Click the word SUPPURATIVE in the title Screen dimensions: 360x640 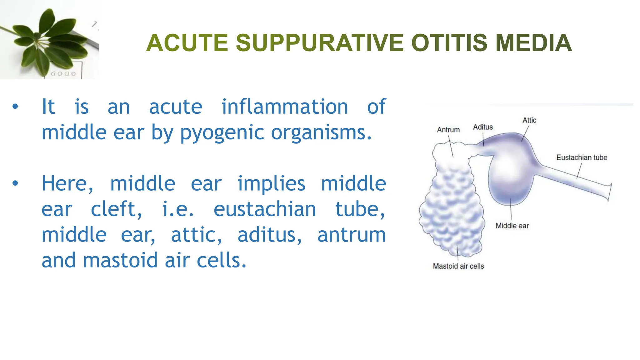tap(319, 43)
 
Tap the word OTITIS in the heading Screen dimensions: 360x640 tap(449, 43)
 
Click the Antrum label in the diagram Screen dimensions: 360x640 tap(448, 130)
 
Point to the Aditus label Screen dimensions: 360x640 tap(482, 127)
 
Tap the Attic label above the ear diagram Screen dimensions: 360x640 tap(529, 120)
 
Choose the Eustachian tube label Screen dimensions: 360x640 tap(581, 157)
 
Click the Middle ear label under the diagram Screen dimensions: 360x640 tap(512, 226)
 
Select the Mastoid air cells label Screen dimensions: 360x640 tap(458, 266)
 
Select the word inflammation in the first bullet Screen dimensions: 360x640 tap(284, 107)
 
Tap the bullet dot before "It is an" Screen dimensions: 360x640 tap(15, 107)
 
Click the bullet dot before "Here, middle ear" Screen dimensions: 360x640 tap(15, 184)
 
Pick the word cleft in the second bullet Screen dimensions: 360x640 tap(116, 209)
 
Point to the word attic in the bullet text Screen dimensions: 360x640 tap(196, 235)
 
